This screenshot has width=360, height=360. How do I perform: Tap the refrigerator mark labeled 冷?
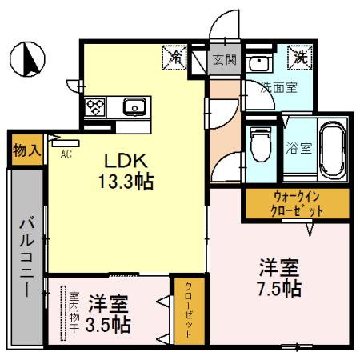(x=175, y=58)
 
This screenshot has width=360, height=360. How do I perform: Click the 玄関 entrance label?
(x=224, y=58)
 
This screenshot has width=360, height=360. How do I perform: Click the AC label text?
(x=67, y=154)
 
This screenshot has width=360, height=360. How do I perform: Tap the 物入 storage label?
(x=27, y=150)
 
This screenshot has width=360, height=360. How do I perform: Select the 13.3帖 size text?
(x=126, y=179)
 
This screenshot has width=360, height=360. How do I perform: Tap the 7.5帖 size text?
(x=279, y=287)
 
